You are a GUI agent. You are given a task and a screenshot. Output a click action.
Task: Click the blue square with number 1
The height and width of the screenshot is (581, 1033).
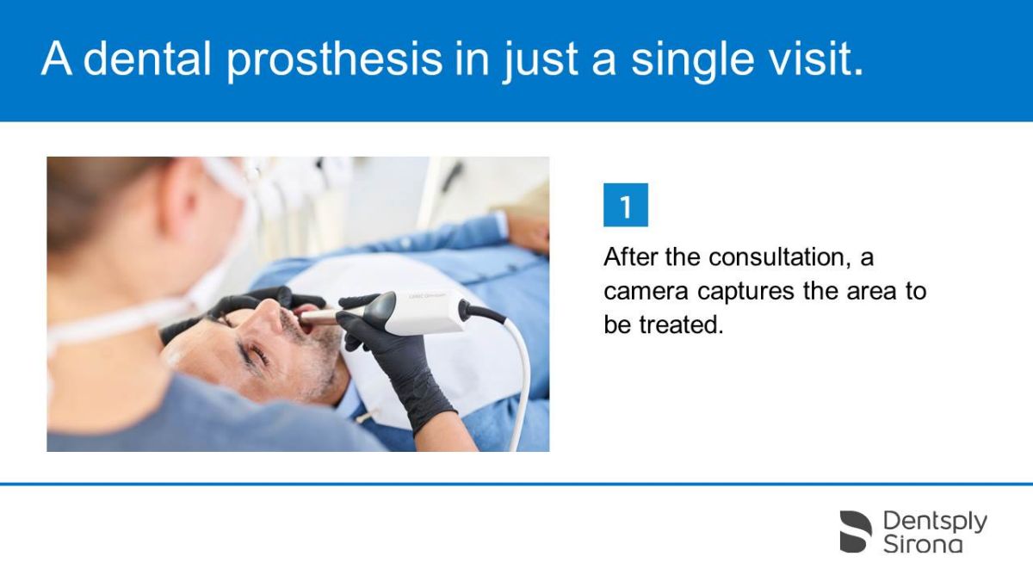[x=626, y=206]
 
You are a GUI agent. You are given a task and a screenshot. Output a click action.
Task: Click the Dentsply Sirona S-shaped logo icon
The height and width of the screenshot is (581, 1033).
[x=856, y=531]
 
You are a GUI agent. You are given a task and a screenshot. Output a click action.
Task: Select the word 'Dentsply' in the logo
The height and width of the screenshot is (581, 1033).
[x=935, y=521]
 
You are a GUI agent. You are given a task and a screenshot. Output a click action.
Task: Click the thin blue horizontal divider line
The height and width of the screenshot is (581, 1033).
[x=516, y=485]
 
